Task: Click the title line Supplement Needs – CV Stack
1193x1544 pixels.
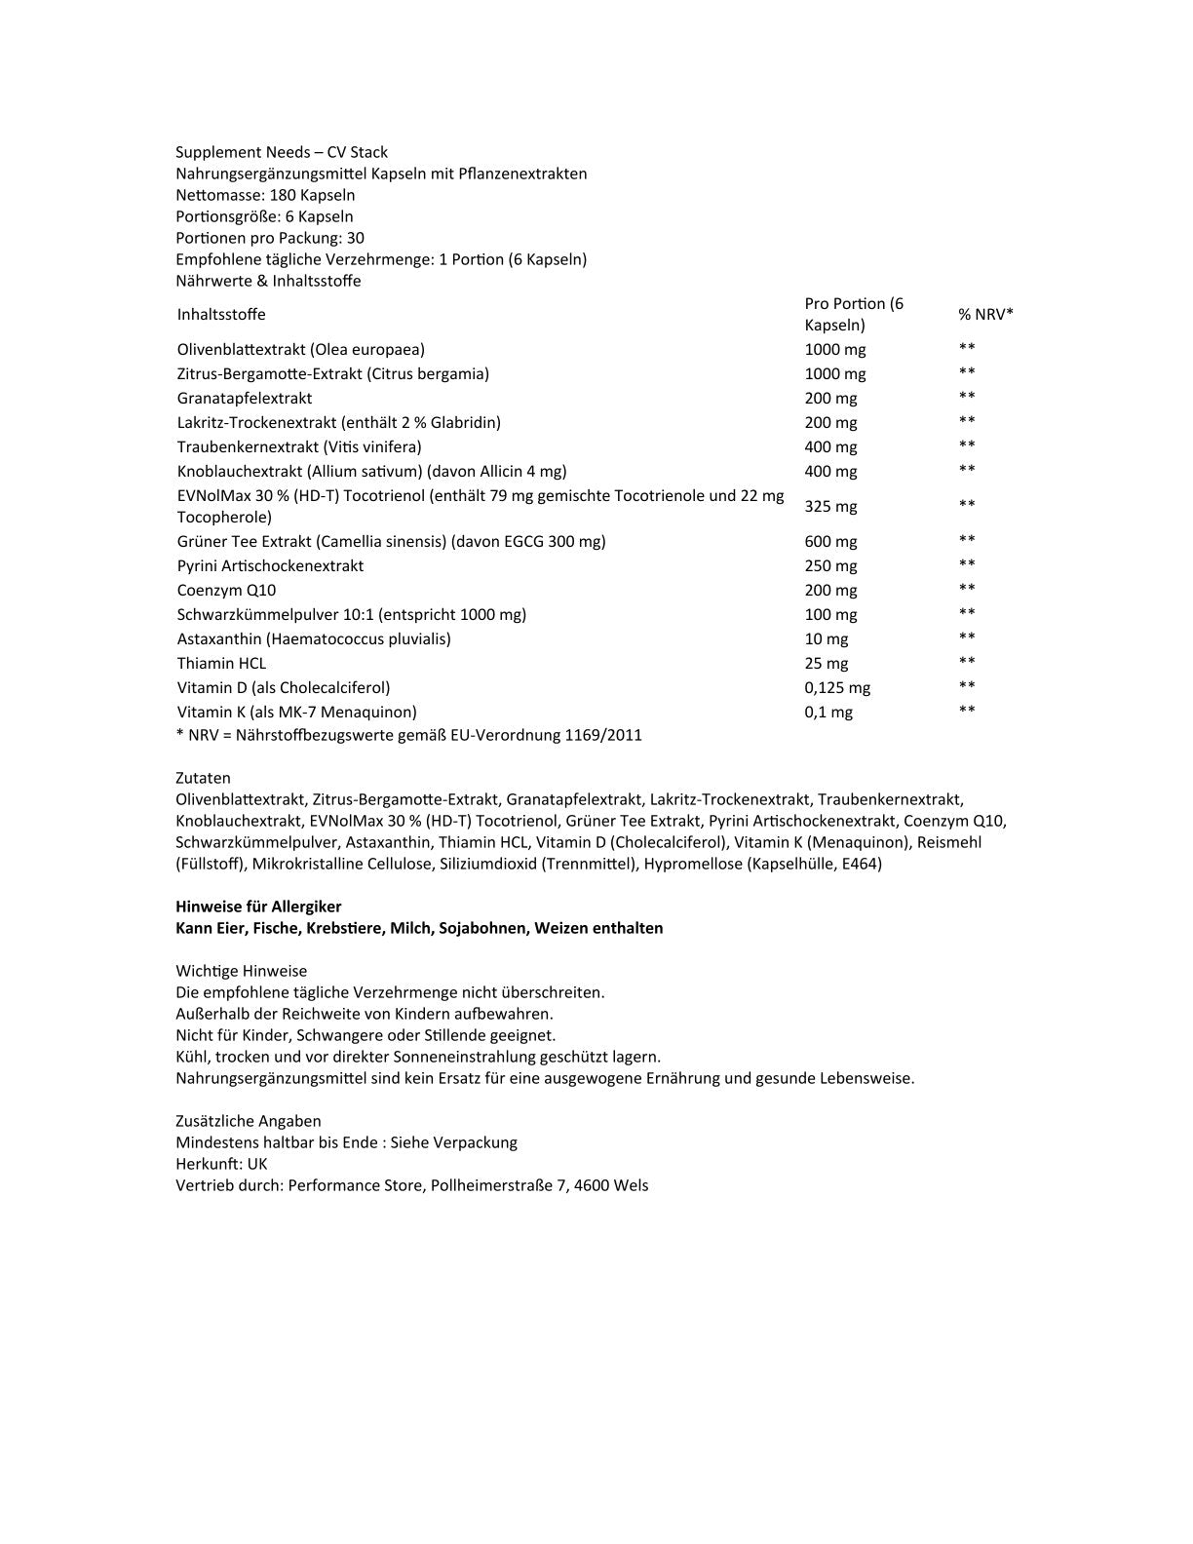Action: click(281, 152)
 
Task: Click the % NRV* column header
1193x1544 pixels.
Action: click(985, 314)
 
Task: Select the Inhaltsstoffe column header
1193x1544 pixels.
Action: click(221, 314)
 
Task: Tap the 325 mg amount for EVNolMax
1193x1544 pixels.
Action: click(830, 506)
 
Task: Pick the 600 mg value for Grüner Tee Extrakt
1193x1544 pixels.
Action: click(830, 541)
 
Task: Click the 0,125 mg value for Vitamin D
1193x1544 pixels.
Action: click(837, 687)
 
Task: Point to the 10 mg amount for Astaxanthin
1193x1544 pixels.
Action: click(826, 638)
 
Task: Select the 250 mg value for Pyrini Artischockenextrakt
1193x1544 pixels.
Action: click(830, 565)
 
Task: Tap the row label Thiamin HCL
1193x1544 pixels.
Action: click(221, 663)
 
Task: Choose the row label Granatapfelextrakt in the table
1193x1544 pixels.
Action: click(245, 398)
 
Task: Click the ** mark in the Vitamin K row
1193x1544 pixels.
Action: click(966, 711)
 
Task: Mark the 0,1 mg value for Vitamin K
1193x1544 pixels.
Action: click(828, 712)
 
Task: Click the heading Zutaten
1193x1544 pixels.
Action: click(203, 778)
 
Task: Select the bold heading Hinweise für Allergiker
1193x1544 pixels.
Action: click(258, 907)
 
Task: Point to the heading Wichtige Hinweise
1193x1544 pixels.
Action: click(241, 971)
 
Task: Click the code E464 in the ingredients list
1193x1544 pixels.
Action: click(858, 864)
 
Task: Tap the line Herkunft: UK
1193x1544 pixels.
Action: click(221, 1164)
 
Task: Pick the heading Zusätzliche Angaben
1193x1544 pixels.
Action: click(248, 1121)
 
